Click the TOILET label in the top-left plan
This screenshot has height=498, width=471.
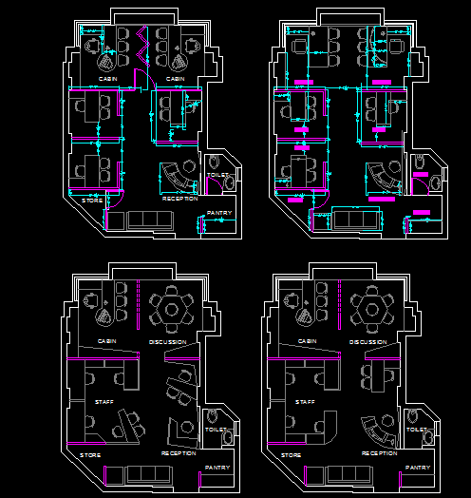216,176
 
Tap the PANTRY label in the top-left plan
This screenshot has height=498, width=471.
219,213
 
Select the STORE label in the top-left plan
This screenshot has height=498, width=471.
91,200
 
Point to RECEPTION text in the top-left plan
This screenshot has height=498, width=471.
179,199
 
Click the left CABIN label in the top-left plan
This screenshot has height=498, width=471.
107,79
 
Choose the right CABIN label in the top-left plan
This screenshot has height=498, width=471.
175,79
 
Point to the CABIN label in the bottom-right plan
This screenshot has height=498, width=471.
306,340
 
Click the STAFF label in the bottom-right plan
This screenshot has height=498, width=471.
305,402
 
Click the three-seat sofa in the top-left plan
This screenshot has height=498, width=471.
148,220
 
